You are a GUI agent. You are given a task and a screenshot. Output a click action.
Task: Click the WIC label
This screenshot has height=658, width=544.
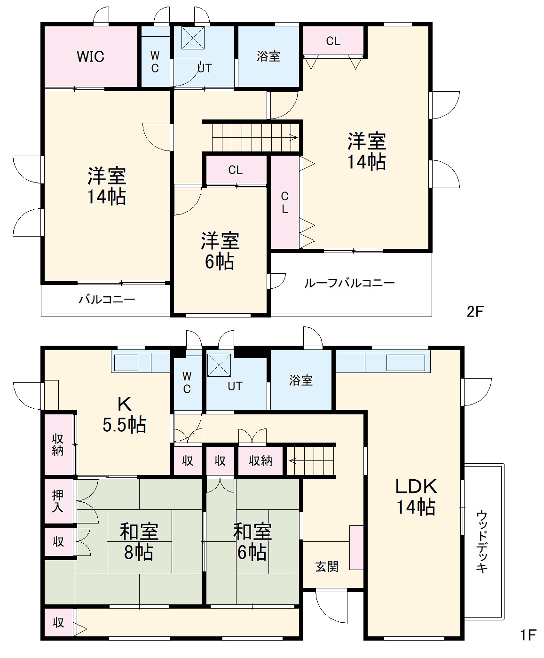(90, 57)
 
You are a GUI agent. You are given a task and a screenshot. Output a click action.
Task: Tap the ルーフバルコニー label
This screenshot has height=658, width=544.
(349, 283)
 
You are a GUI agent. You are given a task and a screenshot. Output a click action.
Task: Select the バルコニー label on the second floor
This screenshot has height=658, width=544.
(107, 299)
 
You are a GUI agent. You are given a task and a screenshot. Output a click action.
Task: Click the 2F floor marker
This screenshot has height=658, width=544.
(475, 311)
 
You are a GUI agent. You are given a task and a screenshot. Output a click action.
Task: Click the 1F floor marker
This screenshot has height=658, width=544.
(528, 635)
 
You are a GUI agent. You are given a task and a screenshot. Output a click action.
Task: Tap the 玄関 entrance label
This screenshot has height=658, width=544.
(327, 567)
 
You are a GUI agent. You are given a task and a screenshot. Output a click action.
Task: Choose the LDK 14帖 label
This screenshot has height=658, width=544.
(416, 497)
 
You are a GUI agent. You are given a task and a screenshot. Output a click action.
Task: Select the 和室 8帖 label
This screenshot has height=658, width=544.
(139, 542)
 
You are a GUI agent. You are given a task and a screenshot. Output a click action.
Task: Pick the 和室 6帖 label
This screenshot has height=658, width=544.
(252, 542)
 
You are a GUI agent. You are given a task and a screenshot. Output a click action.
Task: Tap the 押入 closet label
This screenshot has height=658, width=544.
(58, 501)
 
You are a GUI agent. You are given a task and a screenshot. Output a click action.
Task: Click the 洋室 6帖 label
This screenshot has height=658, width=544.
(220, 251)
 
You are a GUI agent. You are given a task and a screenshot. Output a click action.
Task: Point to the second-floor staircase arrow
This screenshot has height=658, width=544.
(293, 138)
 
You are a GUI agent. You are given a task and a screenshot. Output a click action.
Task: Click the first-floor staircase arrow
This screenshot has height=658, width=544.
(293, 461)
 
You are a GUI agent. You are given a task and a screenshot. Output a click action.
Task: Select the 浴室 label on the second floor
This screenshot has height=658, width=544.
(268, 56)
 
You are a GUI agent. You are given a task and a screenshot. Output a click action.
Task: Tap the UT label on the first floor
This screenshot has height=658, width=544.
(235, 386)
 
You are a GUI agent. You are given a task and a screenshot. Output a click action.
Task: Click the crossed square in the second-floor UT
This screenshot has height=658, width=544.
(193, 38)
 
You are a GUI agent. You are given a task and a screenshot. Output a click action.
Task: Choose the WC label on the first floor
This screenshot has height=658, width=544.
(187, 383)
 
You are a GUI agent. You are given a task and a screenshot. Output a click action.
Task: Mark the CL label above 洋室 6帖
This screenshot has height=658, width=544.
(235, 170)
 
